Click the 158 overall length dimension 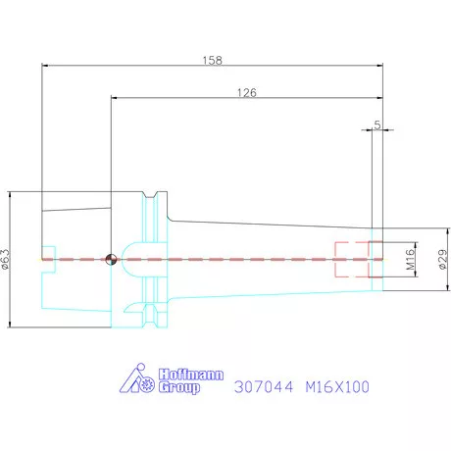213,60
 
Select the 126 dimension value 247,93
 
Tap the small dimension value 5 377,125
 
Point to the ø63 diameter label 6,259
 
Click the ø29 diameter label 442,259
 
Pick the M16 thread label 411,259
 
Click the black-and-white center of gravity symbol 111,260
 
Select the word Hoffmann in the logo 191,375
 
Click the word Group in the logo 179,387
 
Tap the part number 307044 264,387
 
